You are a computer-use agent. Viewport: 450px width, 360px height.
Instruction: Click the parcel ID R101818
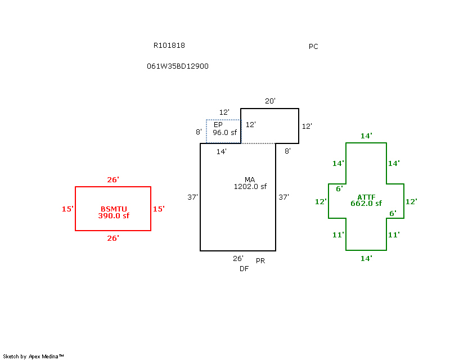point(169,46)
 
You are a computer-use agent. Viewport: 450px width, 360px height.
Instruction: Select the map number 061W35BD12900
point(178,66)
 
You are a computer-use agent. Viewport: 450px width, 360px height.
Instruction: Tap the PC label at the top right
point(313,47)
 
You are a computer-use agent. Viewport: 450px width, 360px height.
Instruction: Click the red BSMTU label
point(114,209)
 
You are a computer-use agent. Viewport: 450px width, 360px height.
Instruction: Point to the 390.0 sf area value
point(114,216)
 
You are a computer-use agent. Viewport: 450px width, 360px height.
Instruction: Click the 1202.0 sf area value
point(250,187)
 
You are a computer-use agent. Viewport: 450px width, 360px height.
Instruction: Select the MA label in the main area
point(250,180)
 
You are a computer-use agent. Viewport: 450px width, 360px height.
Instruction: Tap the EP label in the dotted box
point(218,124)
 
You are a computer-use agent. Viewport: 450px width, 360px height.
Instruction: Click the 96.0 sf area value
point(225,132)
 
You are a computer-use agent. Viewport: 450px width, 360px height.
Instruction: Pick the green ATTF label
point(366,197)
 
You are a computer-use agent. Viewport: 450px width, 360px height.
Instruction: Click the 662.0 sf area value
point(366,204)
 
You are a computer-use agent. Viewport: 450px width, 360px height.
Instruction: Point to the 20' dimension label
point(270,101)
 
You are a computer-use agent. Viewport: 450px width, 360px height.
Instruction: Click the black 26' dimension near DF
point(238,259)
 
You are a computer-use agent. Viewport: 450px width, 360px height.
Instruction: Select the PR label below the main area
point(260,261)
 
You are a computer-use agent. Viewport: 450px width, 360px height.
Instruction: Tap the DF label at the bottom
point(244,269)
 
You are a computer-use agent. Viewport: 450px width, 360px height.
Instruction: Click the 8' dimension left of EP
point(199,132)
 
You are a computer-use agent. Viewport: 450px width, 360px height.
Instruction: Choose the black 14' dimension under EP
point(222,151)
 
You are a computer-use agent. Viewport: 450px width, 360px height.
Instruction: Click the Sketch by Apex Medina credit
point(34,356)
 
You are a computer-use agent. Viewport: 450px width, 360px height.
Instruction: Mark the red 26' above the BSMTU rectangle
point(113,180)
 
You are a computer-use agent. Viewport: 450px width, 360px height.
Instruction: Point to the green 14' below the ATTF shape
point(366,259)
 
